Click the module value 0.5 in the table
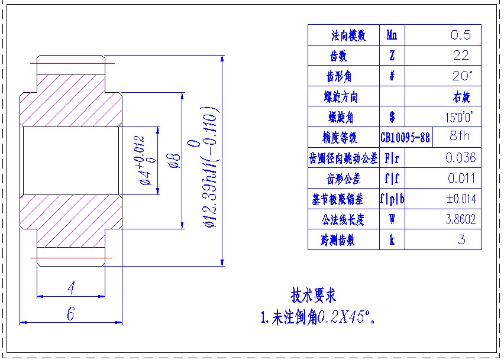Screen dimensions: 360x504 tap(461, 35)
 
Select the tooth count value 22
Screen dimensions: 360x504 tap(460, 56)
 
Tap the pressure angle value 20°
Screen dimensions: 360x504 tap(461, 76)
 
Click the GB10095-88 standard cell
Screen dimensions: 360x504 tap(405, 138)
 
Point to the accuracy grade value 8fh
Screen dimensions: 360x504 tap(460, 137)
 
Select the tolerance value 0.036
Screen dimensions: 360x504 tap(460, 158)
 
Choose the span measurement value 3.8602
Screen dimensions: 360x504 tap(460, 219)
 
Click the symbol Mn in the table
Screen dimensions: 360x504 tap(392, 35)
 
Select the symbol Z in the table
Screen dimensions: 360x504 tap(392, 56)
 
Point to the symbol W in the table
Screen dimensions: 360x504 tap(392, 219)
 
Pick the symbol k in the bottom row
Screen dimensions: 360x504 tap(392, 239)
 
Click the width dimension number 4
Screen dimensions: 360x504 tap(71, 288)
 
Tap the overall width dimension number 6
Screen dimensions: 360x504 tap(70, 314)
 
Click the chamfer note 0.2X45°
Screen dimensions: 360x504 tap(347, 317)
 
